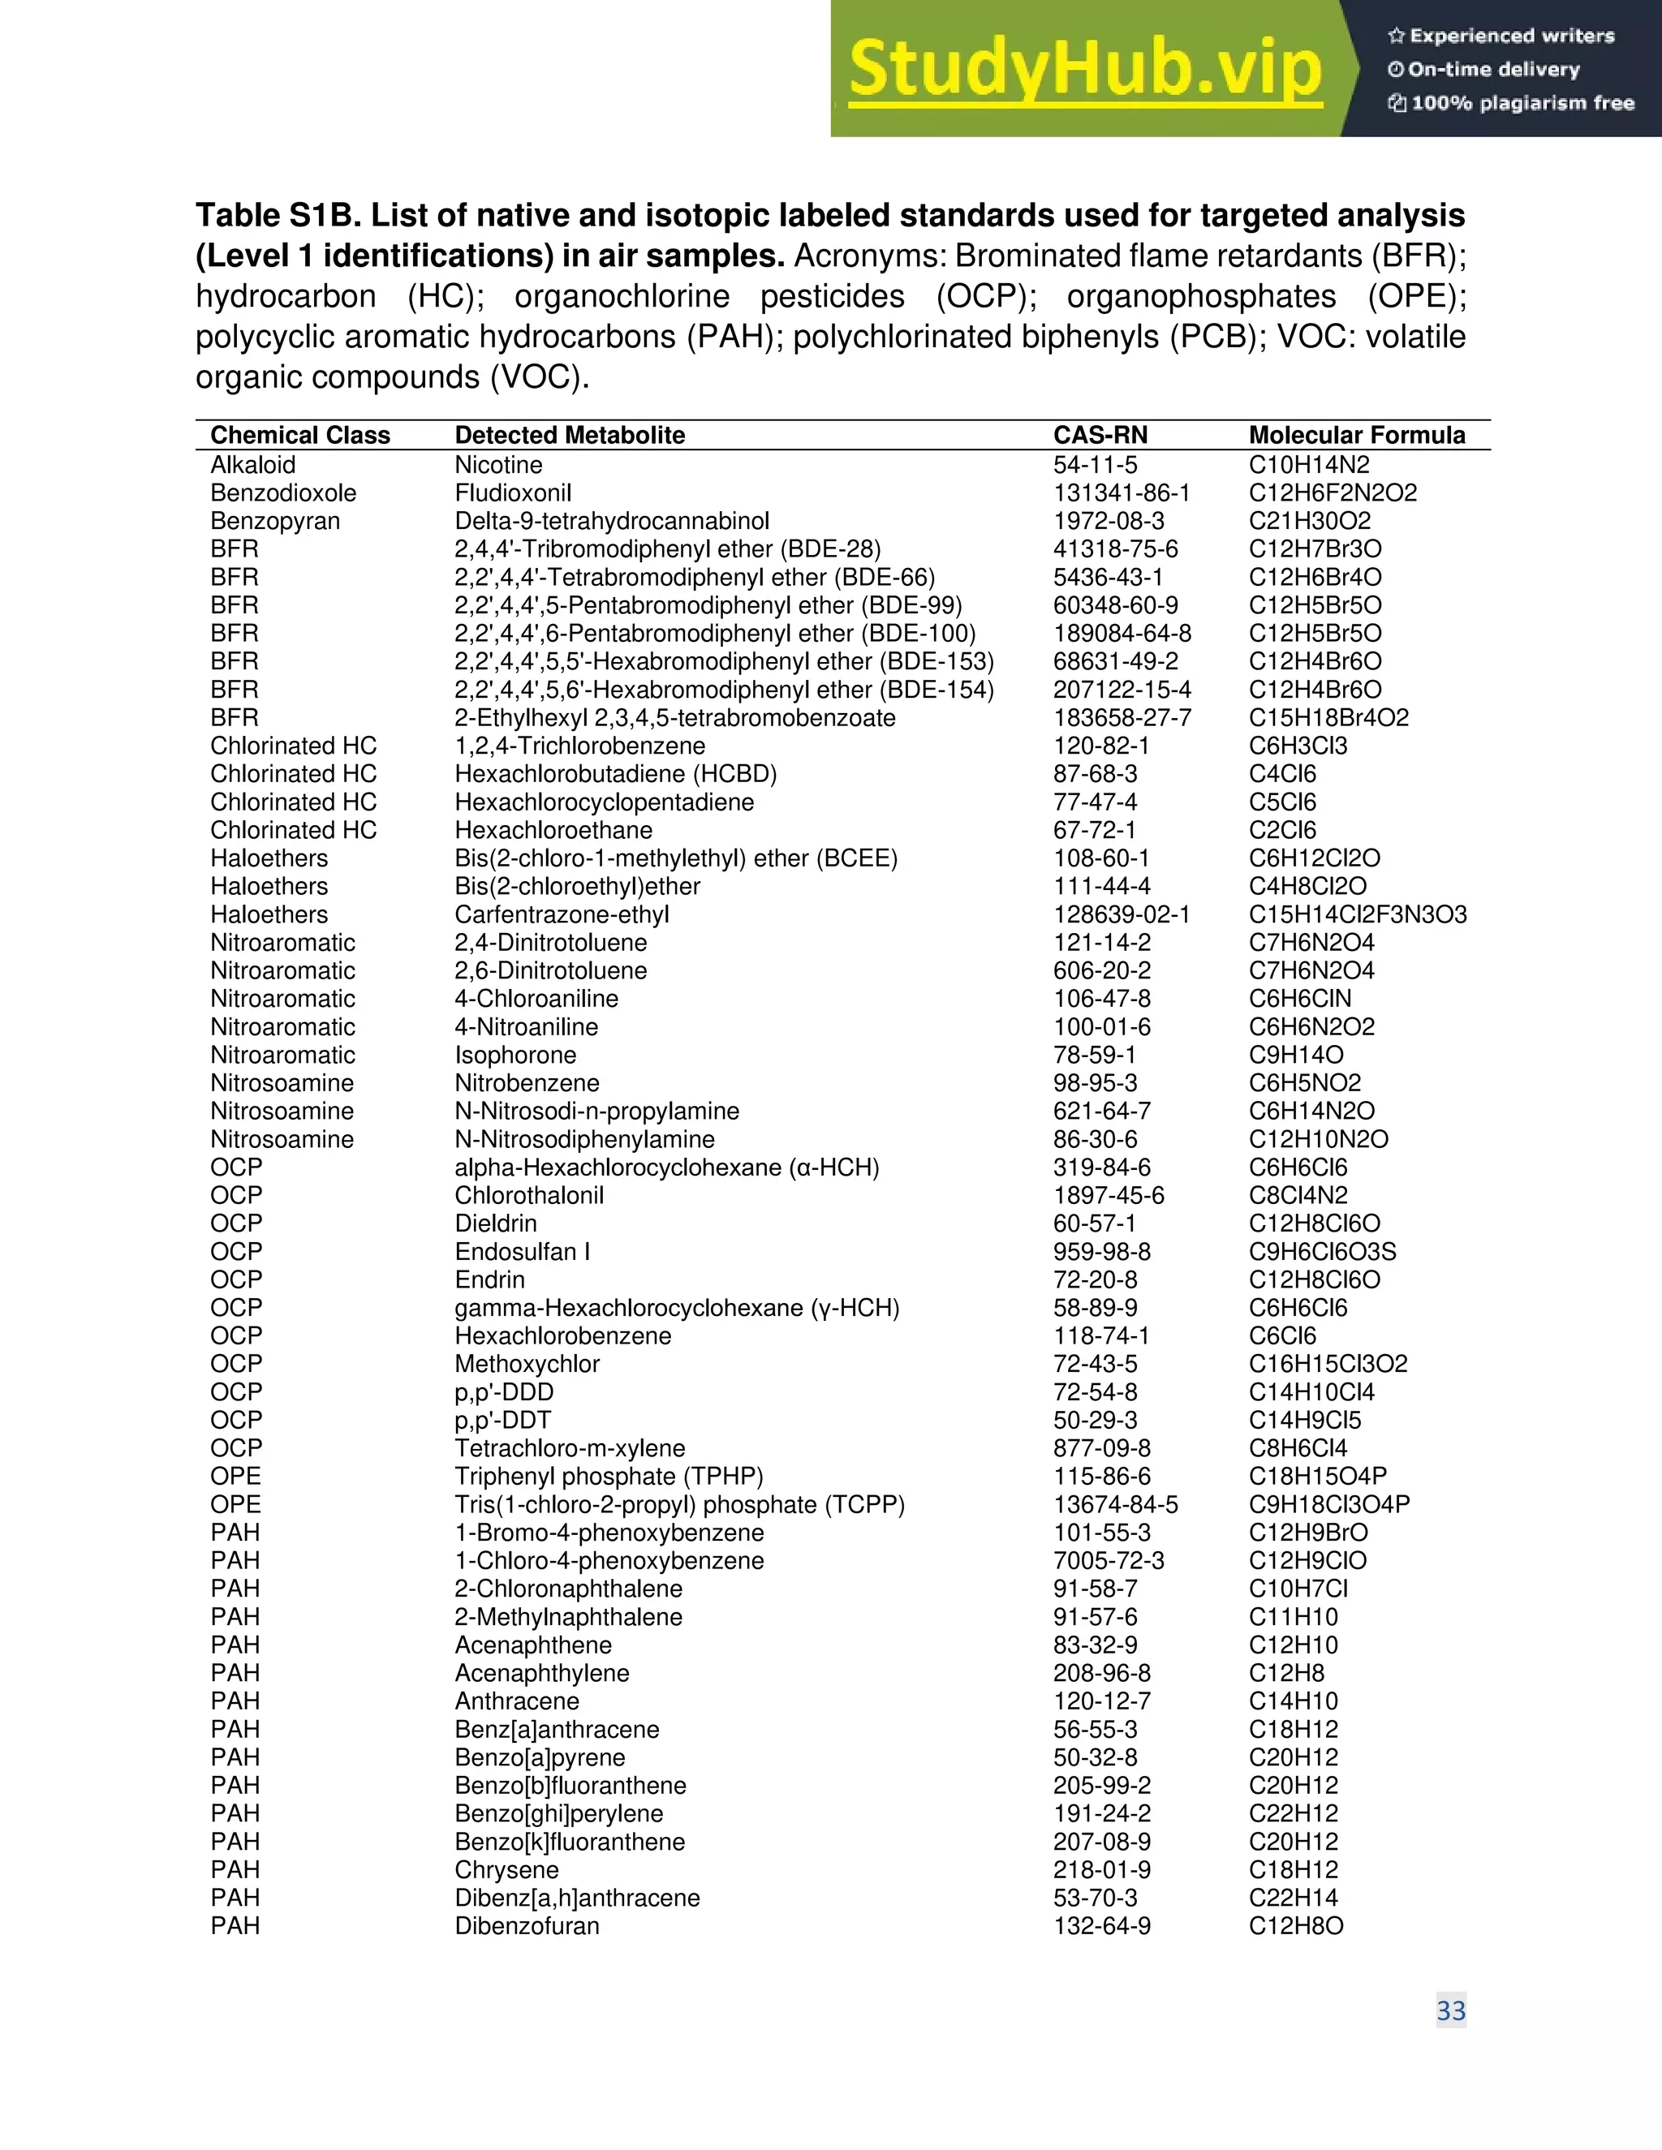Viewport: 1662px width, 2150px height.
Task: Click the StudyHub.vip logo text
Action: pyautogui.click(x=1084, y=70)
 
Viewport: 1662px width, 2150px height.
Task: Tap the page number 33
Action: pyautogui.click(x=1450, y=2010)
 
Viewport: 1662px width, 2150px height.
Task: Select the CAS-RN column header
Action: pyautogui.click(x=1100, y=435)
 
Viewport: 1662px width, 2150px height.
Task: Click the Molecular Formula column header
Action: pyautogui.click(x=1356, y=435)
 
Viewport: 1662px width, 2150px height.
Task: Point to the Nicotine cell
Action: pyautogui.click(x=498, y=465)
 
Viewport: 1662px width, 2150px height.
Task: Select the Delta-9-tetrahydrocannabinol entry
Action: pyautogui.click(x=611, y=521)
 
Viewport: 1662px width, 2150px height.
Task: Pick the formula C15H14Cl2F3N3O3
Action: pyautogui.click(x=1357, y=914)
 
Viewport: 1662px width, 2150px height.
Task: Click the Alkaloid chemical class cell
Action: pyautogui.click(x=252, y=465)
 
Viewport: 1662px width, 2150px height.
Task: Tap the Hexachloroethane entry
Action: pyautogui.click(x=553, y=830)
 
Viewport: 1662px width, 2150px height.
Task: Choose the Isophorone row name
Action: pyautogui.click(x=515, y=1056)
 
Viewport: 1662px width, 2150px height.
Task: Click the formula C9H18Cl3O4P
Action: pyautogui.click(x=1328, y=1504)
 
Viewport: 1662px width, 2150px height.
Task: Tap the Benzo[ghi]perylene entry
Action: pyautogui.click(x=558, y=1813)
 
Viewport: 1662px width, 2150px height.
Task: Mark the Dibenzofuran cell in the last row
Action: pyautogui.click(x=527, y=1925)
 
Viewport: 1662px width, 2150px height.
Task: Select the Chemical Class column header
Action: pyautogui.click(x=299, y=435)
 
